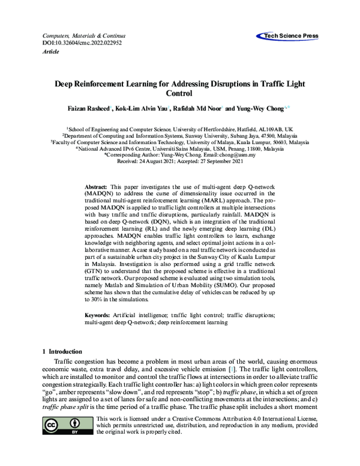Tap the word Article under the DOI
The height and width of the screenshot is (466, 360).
(52, 52)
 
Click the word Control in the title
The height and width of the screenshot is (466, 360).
(180, 94)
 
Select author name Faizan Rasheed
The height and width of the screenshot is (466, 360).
(86, 109)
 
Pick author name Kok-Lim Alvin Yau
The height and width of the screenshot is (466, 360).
(142, 109)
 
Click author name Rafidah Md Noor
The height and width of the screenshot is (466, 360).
(199, 109)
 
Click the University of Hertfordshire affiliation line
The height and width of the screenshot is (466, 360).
(180, 129)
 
